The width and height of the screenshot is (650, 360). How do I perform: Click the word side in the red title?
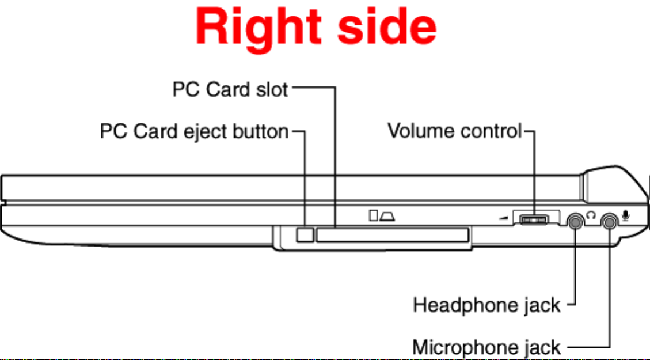pyautogui.click(x=387, y=26)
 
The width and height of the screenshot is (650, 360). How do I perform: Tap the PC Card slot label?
pyautogui.click(x=230, y=89)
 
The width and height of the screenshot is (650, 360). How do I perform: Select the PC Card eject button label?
pyautogui.click(x=195, y=131)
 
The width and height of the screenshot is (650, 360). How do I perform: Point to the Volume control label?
pyautogui.click(x=455, y=131)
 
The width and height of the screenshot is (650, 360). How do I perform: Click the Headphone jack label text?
pyautogui.click(x=486, y=305)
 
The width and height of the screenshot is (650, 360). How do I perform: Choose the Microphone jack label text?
pyautogui.click(x=486, y=347)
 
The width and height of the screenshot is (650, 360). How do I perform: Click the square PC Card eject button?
pyautogui.click(x=305, y=234)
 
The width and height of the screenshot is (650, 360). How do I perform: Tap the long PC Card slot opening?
pyautogui.click(x=392, y=234)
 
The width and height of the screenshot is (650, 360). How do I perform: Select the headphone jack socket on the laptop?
pyautogui.click(x=575, y=222)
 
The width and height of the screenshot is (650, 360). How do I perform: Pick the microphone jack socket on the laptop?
pyautogui.click(x=609, y=222)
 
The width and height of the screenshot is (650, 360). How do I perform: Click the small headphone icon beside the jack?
pyautogui.click(x=591, y=215)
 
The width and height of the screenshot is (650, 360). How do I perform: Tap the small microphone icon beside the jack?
pyautogui.click(x=626, y=215)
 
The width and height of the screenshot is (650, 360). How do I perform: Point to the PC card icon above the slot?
pyautogui.click(x=382, y=215)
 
